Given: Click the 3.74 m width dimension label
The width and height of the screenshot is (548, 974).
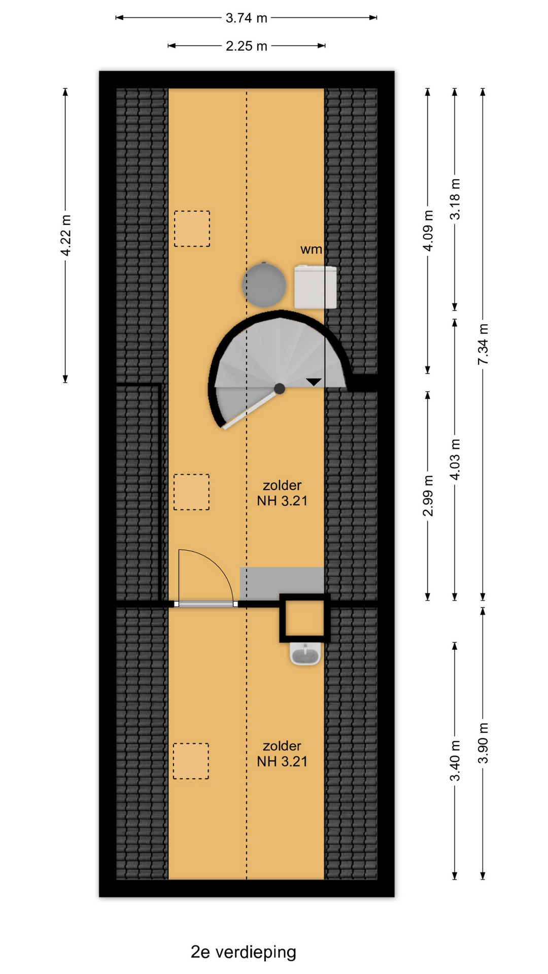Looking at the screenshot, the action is pos(246,18).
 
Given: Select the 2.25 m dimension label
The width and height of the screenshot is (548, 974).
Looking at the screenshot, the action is pos(246,46).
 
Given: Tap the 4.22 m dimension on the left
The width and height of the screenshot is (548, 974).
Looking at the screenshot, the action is pos(65,236).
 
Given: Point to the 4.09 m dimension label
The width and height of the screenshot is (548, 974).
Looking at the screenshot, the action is pos(428,230).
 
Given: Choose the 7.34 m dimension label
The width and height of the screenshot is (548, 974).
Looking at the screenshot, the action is pos(483,344).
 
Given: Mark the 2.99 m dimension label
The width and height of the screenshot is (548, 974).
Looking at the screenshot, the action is pos(428,496).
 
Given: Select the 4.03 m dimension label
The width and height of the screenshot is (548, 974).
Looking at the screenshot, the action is pos(455,460).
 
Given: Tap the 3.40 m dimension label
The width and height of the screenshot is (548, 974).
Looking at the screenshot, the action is pos(455,760).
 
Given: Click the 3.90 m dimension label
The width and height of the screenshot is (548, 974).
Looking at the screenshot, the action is pos(483,743).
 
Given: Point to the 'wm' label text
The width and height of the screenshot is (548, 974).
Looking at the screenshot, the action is pos(311,249).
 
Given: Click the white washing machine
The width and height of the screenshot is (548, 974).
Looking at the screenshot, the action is pos(315,286).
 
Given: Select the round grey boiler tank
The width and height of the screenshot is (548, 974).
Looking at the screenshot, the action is pos(264,284).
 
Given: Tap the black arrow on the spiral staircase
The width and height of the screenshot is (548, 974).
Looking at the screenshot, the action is pos(314,382).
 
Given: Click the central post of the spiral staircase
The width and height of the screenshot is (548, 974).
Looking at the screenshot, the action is pos(279,389).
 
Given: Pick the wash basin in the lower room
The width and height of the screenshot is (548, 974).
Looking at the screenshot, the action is pos(305,653).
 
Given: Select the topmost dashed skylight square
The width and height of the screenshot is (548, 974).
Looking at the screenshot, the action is pos(192,229).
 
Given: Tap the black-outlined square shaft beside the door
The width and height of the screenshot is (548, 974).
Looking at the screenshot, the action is pos(304,618).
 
